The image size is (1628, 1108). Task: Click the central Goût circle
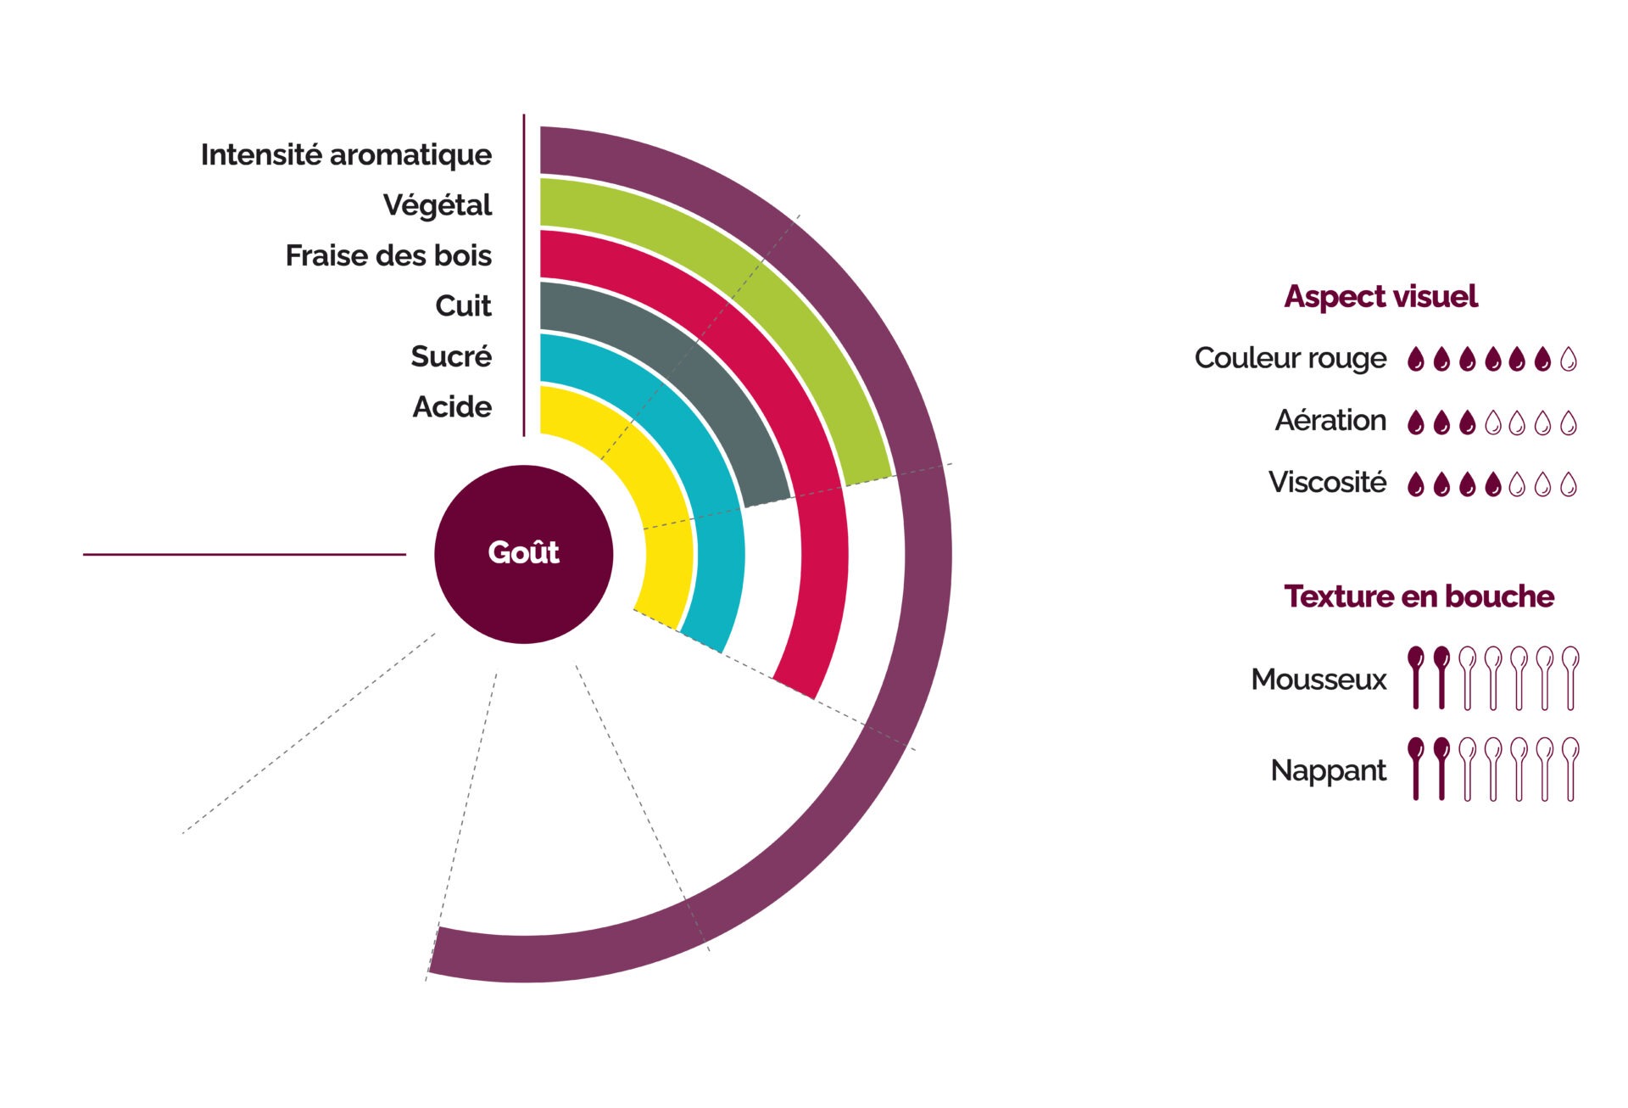pyautogui.click(x=523, y=553)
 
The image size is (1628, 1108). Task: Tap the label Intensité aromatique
pyautogui.click(x=346, y=155)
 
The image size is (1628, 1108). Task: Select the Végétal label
pyautogui.click(x=437, y=205)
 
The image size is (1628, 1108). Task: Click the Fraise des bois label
pyautogui.click(x=388, y=255)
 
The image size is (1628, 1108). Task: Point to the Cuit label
pyautogui.click(x=463, y=305)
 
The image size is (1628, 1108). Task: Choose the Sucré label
pyautogui.click(x=451, y=356)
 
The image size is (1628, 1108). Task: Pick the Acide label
pyautogui.click(x=452, y=407)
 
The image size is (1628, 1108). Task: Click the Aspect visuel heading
pyautogui.click(x=1380, y=297)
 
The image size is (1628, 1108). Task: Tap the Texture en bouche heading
pyautogui.click(x=1419, y=596)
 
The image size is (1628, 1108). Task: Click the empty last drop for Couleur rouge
pyautogui.click(x=1569, y=360)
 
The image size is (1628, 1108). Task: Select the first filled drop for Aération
pyautogui.click(x=1415, y=422)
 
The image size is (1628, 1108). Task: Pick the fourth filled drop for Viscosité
pyautogui.click(x=1492, y=484)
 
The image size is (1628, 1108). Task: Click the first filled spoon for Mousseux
pyautogui.click(x=1415, y=676)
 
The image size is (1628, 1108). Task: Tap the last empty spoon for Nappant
pyautogui.click(x=1570, y=768)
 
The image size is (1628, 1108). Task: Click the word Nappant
pyautogui.click(x=1328, y=770)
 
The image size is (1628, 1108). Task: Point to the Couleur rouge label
pyautogui.click(x=1291, y=359)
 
